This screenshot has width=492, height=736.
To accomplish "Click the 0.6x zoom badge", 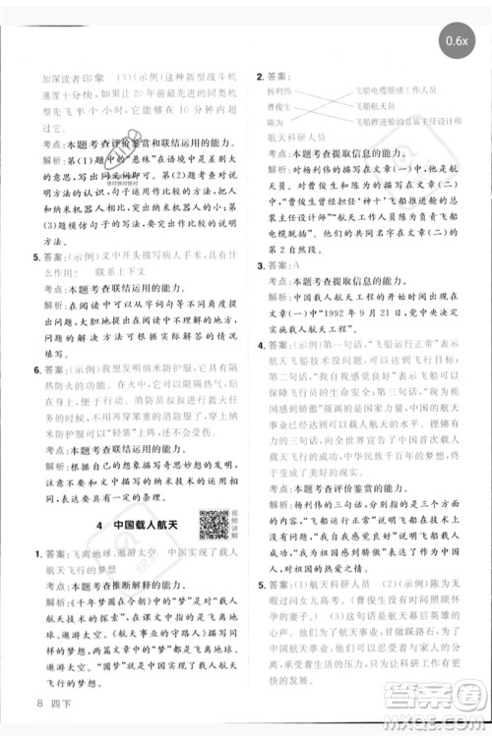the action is [x=455, y=39].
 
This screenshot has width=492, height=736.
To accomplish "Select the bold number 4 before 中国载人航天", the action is [x=101, y=527].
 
